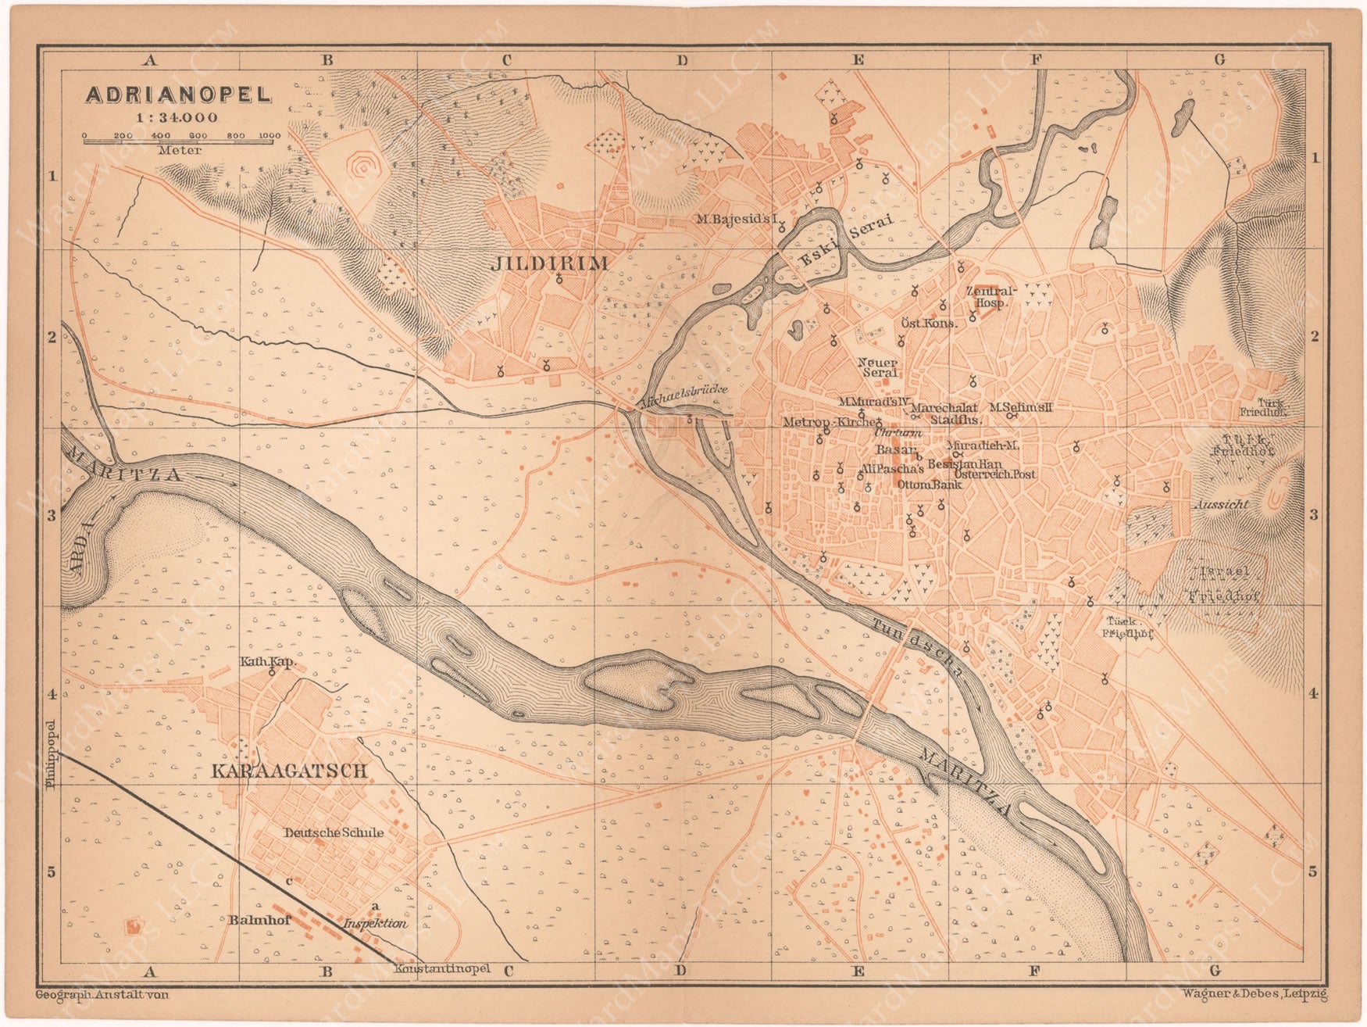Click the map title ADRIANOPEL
pyautogui.click(x=178, y=95)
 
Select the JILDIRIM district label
pyautogui.click(x=549, y=263)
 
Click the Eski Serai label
pyautogui.click(x=845, y=241)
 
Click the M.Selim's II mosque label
pyautogui.click(x=1021, y=407)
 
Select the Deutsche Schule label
pyautogui.click(x=334, y=832)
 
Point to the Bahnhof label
pyautogui.click(x=260, y=920)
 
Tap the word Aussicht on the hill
pyautogui.click(x=1221, y=505)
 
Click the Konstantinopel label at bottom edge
pyautogui.click(x=442, y=968)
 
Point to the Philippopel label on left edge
pyautogui.click(x=51, y=743)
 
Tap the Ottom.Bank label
pyautogui.click(x=929, y=485)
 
